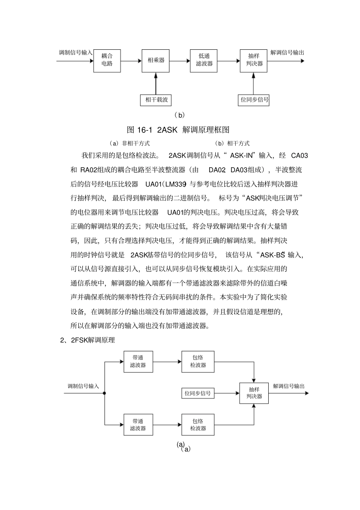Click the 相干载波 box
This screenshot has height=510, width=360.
coord(156,100)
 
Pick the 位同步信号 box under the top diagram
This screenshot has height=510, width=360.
coord(254,100)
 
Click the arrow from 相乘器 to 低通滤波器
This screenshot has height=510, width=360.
coord(180,61)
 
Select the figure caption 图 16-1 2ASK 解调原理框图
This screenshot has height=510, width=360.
coord(178,130)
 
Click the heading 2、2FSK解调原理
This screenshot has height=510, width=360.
coord(88,340)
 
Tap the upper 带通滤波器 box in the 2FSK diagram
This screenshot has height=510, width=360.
coord(138,362)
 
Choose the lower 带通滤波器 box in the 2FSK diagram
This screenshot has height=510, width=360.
coord(138,425)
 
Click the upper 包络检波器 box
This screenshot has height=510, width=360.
coord(198,362)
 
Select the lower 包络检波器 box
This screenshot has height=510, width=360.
coord(198,425)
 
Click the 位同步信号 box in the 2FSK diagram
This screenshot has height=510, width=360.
coord(197,393)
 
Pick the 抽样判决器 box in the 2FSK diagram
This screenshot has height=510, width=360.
coord(254,393)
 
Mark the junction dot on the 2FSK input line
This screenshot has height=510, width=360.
coord(105,393)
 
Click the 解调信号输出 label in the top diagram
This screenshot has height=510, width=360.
coord(287,53)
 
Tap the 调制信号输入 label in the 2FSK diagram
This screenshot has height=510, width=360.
coord(83,386)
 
